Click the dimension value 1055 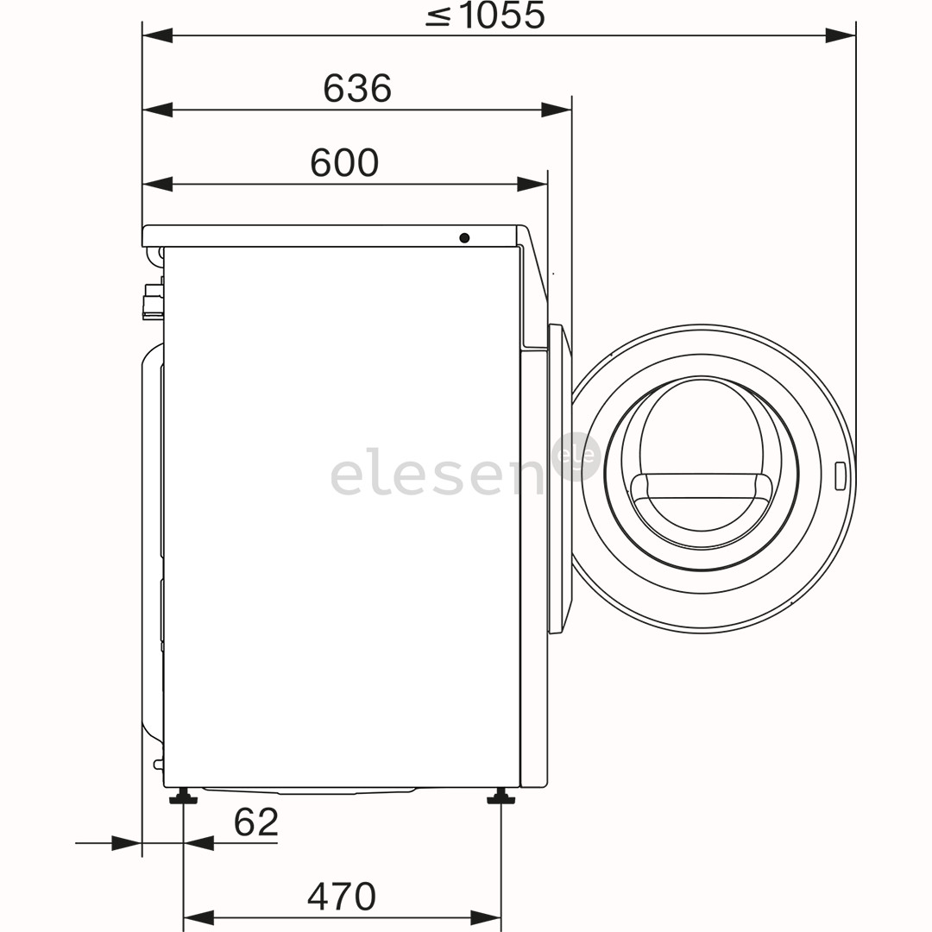(x=501, y=16)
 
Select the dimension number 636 (x=357, y=88)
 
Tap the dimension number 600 (x=344, y=163)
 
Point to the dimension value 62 (x=256, y=822)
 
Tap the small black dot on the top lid (x=464, y=237)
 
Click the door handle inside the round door (x=700, y=487)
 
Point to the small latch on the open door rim (x=840, y=476)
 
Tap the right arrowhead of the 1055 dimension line (x=841, y=35)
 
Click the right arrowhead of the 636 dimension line (x=557, y=110)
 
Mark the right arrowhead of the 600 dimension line (x=532, y=184)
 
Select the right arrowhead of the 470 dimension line (x=486, y=917)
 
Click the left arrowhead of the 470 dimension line (x=198, y=917)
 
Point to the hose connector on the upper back (x=153, y=302)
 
